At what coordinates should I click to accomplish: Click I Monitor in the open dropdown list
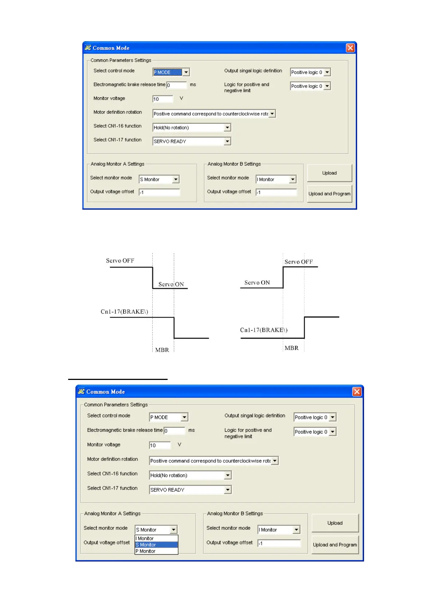coord(146,539)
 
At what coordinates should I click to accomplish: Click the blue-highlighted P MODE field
coord(167,72)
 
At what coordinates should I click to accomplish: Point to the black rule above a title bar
coord(118,380)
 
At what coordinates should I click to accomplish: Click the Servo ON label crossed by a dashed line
coord(171,284)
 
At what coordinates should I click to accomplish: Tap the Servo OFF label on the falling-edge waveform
coord(120,261)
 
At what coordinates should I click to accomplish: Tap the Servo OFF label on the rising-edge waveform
coord(298,262)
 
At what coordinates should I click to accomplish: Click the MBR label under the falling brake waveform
coord(162,350)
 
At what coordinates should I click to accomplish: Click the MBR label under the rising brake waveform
coord(292,348)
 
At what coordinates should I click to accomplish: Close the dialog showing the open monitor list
coord(357,392)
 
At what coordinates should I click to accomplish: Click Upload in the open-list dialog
coord(335,523)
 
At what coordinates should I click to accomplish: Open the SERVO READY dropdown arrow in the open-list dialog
coord(228,490)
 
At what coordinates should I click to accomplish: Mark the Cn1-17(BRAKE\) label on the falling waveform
coord(124,312)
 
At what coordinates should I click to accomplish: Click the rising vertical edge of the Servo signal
coord(283,277)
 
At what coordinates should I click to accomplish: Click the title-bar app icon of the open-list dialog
coord(81,392)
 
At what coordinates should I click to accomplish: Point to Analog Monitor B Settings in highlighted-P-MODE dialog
coord(234,164)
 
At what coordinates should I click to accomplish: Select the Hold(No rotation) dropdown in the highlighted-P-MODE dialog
coord(192,128)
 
